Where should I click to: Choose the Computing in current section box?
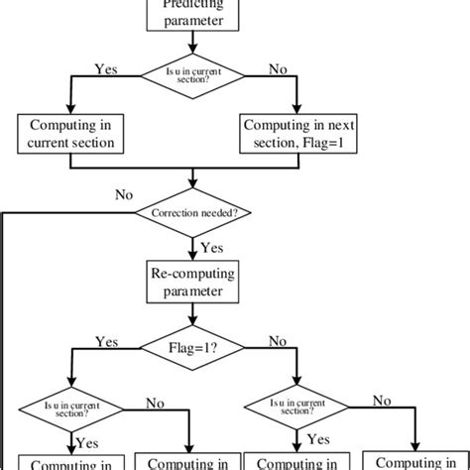76,133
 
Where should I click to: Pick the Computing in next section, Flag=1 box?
296,133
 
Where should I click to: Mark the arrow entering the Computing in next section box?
296,99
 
